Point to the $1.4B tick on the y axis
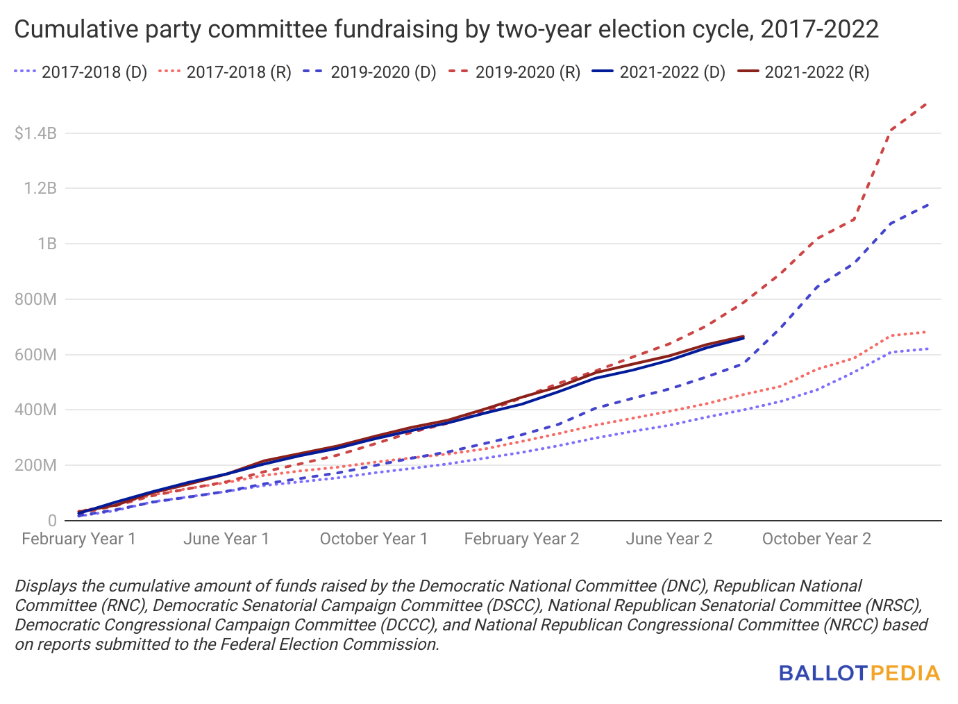click(x=35, y=133)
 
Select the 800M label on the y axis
click(x=35, y=299)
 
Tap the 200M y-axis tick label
click(x=35, y=465)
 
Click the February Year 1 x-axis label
click(x=78, y=539)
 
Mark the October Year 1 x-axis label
click(x=373, y=539)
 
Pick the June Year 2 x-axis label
click(x=669, y=539)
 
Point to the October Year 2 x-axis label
click(x=816, y=539)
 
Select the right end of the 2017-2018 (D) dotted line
click(x=927, y=349)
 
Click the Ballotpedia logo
click(x=859, y=673)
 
